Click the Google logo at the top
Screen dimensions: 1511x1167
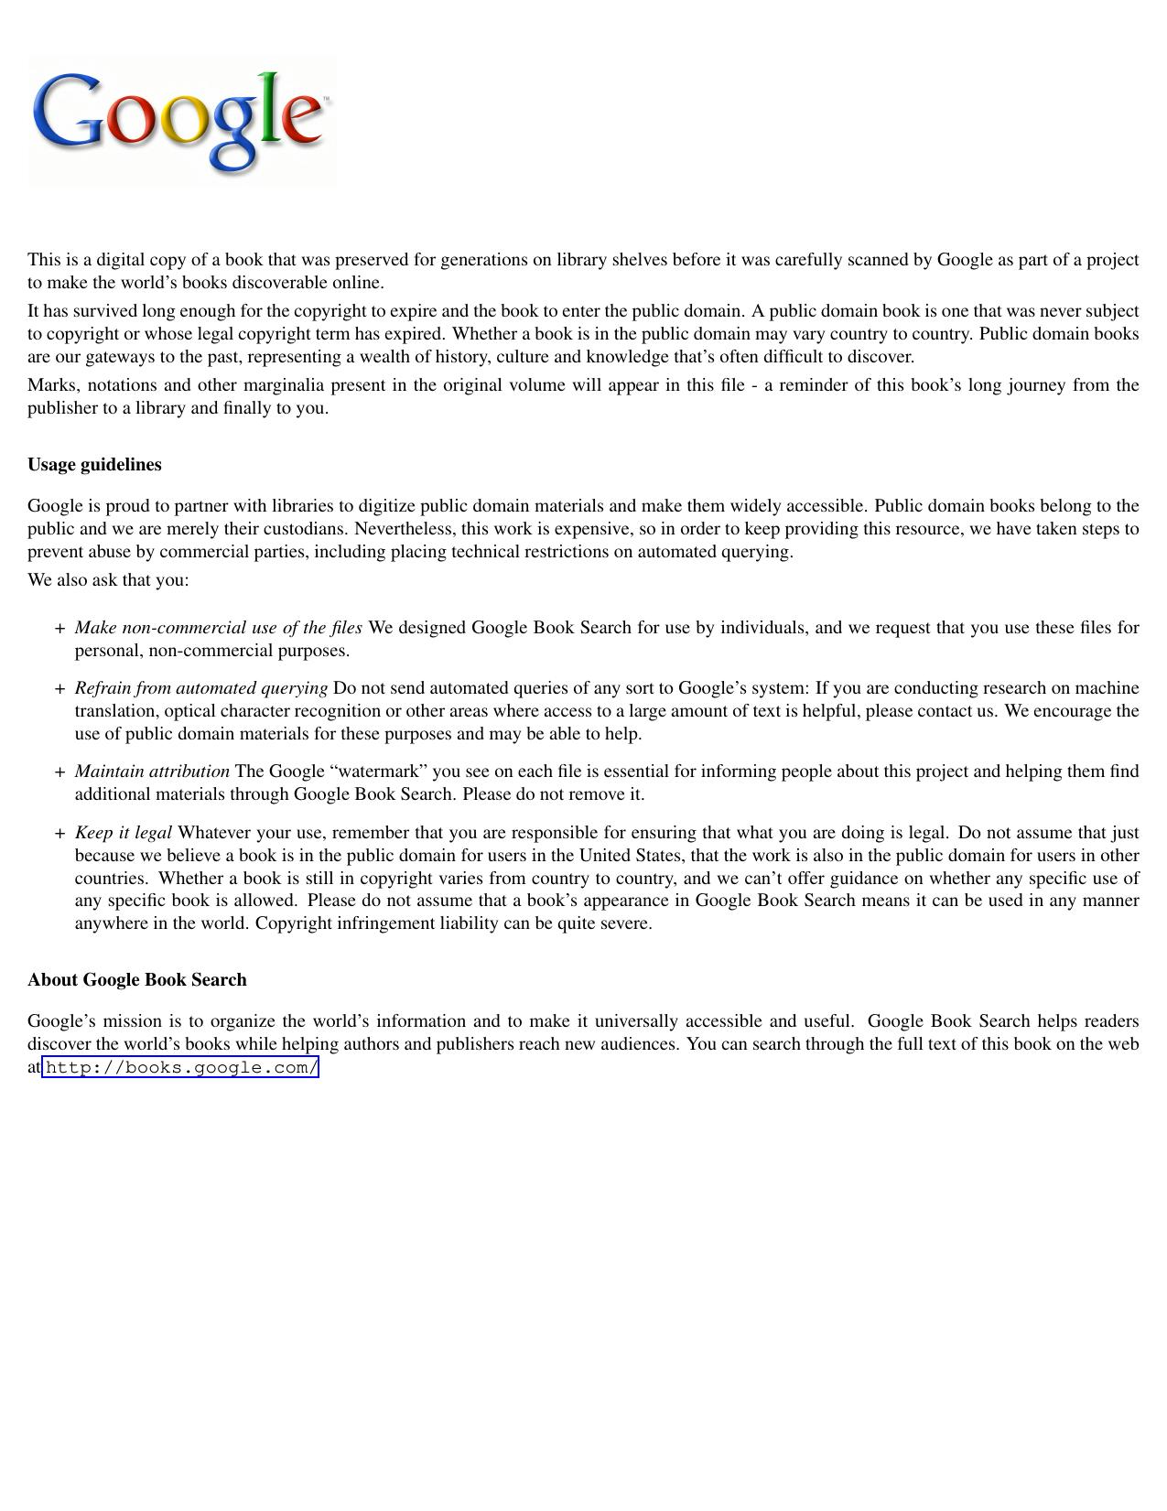(181, 121)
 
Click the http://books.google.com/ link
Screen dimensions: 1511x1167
(181, 1067)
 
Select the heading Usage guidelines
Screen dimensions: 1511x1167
(94, 465)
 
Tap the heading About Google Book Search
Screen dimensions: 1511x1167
(137, 980)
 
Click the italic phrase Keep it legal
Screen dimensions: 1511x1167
(123, 833)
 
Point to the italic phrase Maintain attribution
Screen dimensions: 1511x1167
(152, 772)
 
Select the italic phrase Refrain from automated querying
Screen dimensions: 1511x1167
(200, 688)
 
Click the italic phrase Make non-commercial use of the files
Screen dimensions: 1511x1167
(218, 628)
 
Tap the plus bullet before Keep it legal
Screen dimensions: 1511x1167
(59, 834)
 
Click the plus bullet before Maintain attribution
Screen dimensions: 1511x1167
(59, 772)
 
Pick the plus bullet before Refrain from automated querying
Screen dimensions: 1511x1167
(59, 689)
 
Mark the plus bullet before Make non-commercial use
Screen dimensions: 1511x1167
(59, 629)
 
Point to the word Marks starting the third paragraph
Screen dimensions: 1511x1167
(51, 385)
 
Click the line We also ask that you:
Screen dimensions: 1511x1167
(108, 580)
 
